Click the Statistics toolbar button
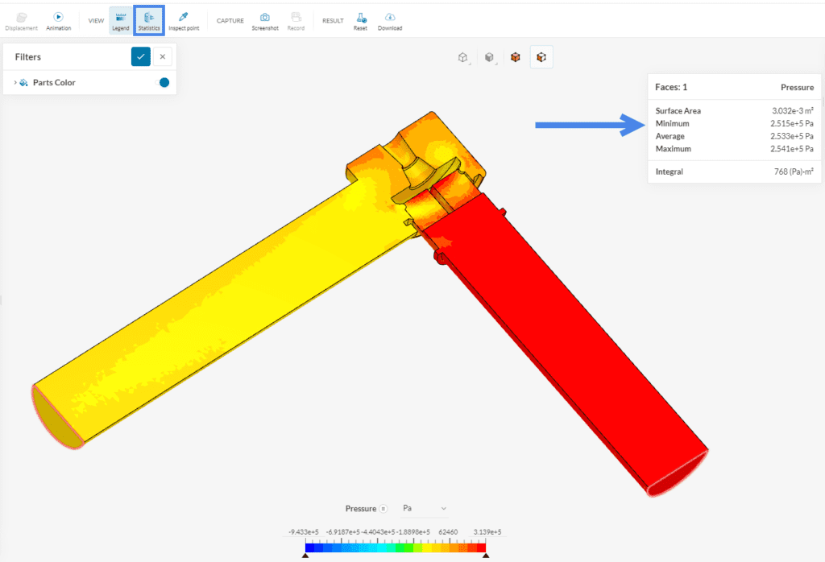[x=149, y=20]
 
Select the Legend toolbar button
[x=121, y=20]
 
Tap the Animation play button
[x=58, y=20]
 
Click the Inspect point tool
[x=184, y=20]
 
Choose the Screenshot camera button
[x=265, y=20]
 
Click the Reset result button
[x=360, y=20]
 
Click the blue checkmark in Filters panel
[x=141, y=56]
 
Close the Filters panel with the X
[x=163, y=56]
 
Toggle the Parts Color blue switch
[x=164, y=82]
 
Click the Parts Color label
[x=54, y=82]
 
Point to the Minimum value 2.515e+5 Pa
[x=792, y=124]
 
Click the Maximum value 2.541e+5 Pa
[x=792, y=149]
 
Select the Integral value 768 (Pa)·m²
[x=795, y=171]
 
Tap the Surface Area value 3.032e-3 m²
[x=792, y=111]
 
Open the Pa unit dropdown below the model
[x=424, y=508]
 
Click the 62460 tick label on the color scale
[x=448, y=532]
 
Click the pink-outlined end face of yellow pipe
[x=57, y=415]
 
